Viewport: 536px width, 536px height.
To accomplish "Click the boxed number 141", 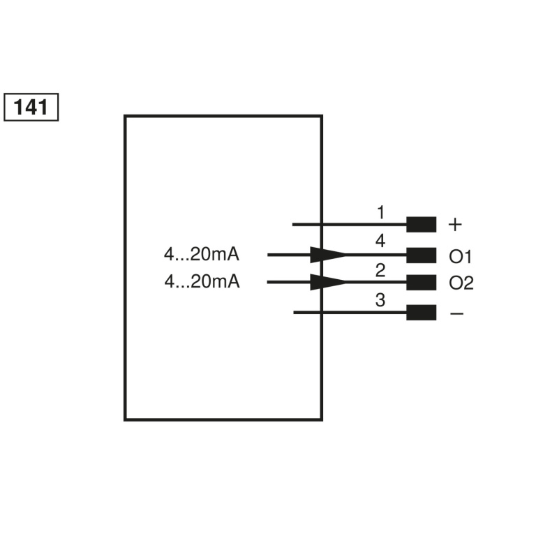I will pos(31,107).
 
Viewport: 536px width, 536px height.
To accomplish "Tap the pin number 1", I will pos(380,211).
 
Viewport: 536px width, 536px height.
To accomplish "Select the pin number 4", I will pos(380,241).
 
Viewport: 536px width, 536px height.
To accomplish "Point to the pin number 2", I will pos(380,270).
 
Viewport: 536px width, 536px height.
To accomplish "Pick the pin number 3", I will pos(380,301).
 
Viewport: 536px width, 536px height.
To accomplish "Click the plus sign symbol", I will pos(455,225).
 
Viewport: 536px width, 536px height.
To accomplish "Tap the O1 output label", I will pos(461,257).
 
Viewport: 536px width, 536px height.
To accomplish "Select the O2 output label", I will pos(461,283).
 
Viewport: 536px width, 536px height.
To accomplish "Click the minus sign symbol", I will pos(456,313).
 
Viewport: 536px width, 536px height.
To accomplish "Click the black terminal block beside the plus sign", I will pos(422,225).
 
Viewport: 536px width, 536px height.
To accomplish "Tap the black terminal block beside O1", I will pos(422,255).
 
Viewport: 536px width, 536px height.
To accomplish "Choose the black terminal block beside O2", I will pos(422,283).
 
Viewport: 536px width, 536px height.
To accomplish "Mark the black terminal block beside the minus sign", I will pos(422,312).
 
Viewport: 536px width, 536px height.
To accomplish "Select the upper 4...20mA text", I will pos(202,255).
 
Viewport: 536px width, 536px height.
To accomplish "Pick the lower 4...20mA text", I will pos(202,282).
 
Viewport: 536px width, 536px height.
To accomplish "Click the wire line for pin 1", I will pos(349,225).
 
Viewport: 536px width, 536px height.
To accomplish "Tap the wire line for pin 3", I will pos(349,312).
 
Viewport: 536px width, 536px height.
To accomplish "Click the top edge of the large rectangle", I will pos(223,116).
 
